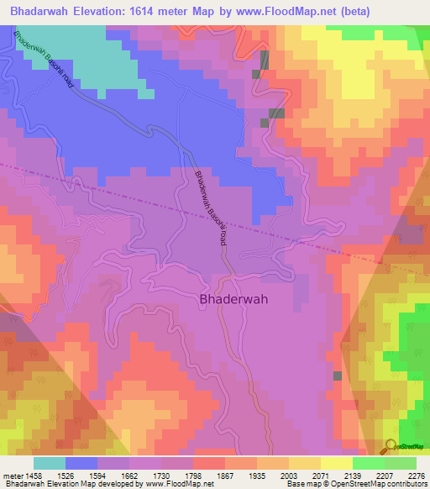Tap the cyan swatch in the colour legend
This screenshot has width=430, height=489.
tap(50, 463)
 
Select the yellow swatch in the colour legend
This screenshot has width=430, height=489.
tap(336, 463)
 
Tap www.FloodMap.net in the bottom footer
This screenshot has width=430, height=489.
tap(176, 484)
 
